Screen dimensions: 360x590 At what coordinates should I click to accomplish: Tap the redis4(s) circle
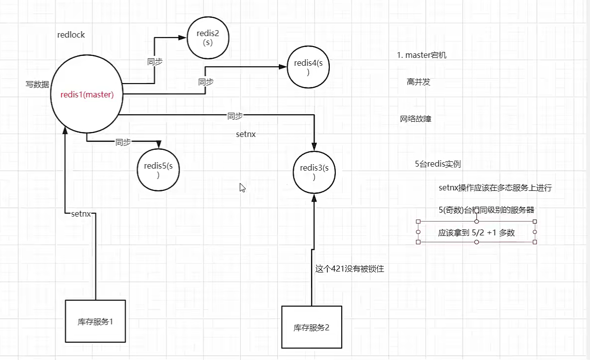308,67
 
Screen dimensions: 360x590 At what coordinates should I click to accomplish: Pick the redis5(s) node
158,170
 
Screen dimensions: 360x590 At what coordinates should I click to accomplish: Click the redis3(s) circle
314,173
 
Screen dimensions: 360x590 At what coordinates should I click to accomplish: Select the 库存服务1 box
95,321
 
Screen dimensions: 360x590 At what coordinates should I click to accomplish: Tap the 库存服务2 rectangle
312,327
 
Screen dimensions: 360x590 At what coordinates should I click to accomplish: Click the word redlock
71,35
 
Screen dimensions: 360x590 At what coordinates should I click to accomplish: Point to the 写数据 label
37,85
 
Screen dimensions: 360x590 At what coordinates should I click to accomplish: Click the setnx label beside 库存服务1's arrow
81,214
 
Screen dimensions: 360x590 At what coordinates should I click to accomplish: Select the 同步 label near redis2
155,62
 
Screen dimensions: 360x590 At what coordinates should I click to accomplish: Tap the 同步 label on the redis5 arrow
123,142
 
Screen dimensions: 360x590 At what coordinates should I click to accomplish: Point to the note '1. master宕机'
421,55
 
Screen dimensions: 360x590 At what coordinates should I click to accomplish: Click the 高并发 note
418,82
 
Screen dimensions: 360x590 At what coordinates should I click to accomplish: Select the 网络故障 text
415,119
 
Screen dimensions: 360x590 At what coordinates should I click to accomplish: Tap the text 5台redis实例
438,164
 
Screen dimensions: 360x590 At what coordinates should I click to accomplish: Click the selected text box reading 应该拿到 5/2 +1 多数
476,232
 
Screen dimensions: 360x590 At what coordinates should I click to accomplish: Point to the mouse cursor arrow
242,187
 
